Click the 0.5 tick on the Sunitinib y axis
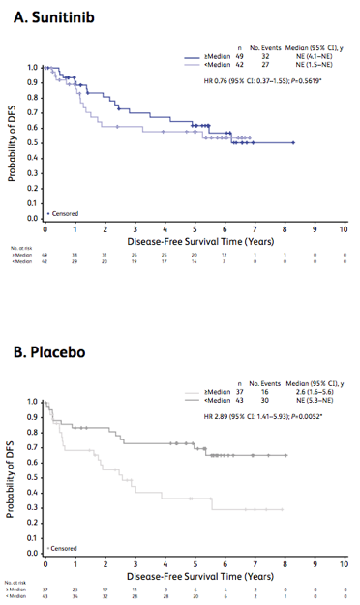(32, 143)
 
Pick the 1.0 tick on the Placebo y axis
(32, 401)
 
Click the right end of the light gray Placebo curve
(283, 508)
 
